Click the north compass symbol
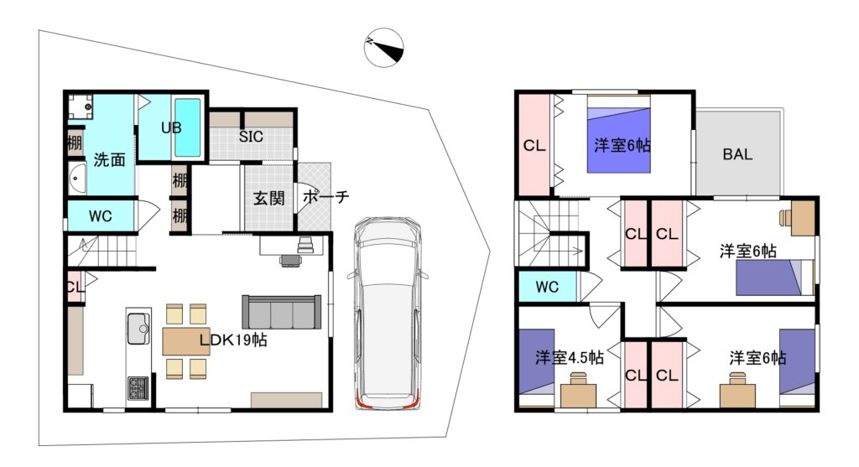(x=384, y=48)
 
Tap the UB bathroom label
(x=171, y=127)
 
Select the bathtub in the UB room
(x=187, y=127)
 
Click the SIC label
(x=251, y=137)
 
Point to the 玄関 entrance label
(x=269, y=198)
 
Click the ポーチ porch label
(x=325, y=196)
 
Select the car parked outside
(x=387, y=314)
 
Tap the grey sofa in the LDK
(x=282, y=312)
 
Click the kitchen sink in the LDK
(x=138, y=327)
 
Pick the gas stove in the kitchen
(x=138, y=387)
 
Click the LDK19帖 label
(x=233, y=340)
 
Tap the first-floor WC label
(x=101, y=216)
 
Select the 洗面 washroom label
(x=109, y=160)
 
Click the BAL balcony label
(x=737, y=154)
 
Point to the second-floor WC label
(x=547, y=287)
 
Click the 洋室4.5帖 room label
(x=570, y=357)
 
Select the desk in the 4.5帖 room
(x=579, y=392)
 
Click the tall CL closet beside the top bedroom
(x=534, y=145)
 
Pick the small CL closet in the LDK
(x=75, y=287)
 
